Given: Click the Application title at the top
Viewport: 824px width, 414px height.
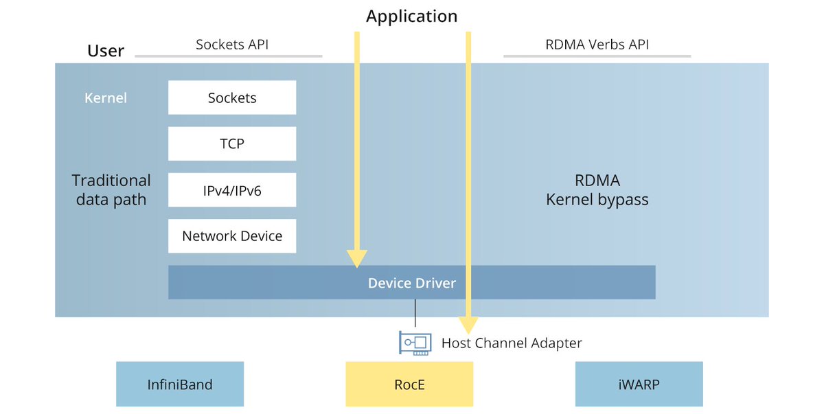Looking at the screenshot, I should click(411, 16).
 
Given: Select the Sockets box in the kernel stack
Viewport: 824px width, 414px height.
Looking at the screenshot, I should click(232, 97).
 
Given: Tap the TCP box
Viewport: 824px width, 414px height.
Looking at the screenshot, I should click(232, 143).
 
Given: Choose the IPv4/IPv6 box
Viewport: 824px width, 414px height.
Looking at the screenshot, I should click(232, 190).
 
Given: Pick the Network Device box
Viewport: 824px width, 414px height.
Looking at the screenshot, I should click(232, 236).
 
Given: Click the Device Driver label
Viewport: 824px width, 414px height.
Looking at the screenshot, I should click(411, 283).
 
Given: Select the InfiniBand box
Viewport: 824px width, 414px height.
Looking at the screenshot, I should click(180, 384).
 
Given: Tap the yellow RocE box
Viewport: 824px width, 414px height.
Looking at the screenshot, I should click(409, 384).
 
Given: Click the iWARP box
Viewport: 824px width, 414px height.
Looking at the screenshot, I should click(639, 384).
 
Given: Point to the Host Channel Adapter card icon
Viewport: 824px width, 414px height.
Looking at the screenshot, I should click(415, 343).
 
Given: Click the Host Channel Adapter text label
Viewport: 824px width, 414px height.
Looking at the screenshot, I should click(512, 343).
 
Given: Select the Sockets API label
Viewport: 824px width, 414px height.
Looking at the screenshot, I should click(231, 45).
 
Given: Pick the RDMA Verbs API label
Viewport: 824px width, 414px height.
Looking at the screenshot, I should click(597, 45).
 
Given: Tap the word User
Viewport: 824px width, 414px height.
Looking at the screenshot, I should click(106, 51).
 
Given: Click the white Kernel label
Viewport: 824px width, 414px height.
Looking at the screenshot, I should click(106, 97).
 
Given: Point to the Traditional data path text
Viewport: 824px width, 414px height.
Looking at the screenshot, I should click(111, 190).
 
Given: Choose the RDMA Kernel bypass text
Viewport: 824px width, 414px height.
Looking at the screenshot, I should click(597, 190).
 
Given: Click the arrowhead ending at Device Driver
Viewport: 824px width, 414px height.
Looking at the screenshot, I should click(356, 258).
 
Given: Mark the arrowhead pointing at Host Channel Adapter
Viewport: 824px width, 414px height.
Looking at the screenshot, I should click(468, 324).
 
